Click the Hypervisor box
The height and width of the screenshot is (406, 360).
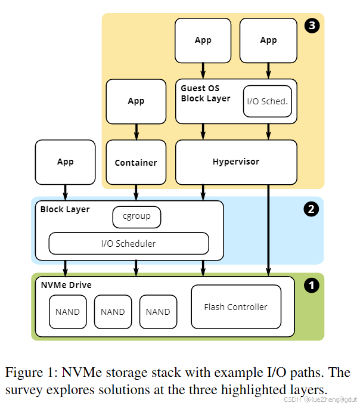click(236, 162)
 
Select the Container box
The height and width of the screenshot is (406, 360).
click(136, 162)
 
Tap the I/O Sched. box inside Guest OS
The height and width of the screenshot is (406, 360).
click(267, 101)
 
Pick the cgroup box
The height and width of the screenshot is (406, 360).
click(136, 216)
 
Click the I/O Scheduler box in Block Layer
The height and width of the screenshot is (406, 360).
click(128, 243)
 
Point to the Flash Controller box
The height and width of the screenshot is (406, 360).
click(235, 307)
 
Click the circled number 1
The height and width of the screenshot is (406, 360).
click(311, 286)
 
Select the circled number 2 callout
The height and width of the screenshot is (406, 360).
click(311, 209)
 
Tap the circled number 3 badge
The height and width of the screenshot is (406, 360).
click(311, 25)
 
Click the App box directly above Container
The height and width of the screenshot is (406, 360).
click(136, 101)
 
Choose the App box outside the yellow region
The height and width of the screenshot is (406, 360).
click(65, 162)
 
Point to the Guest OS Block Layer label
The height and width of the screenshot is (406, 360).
click(206, 94)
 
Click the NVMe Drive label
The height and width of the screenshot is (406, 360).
click(66, 285)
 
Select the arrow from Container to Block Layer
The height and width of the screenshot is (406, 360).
click(136, 192)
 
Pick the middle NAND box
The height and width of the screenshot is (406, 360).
click(113, 312)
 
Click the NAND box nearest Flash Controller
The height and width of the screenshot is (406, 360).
click(158, 312)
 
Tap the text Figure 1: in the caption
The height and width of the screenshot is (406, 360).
click(30, 373)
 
